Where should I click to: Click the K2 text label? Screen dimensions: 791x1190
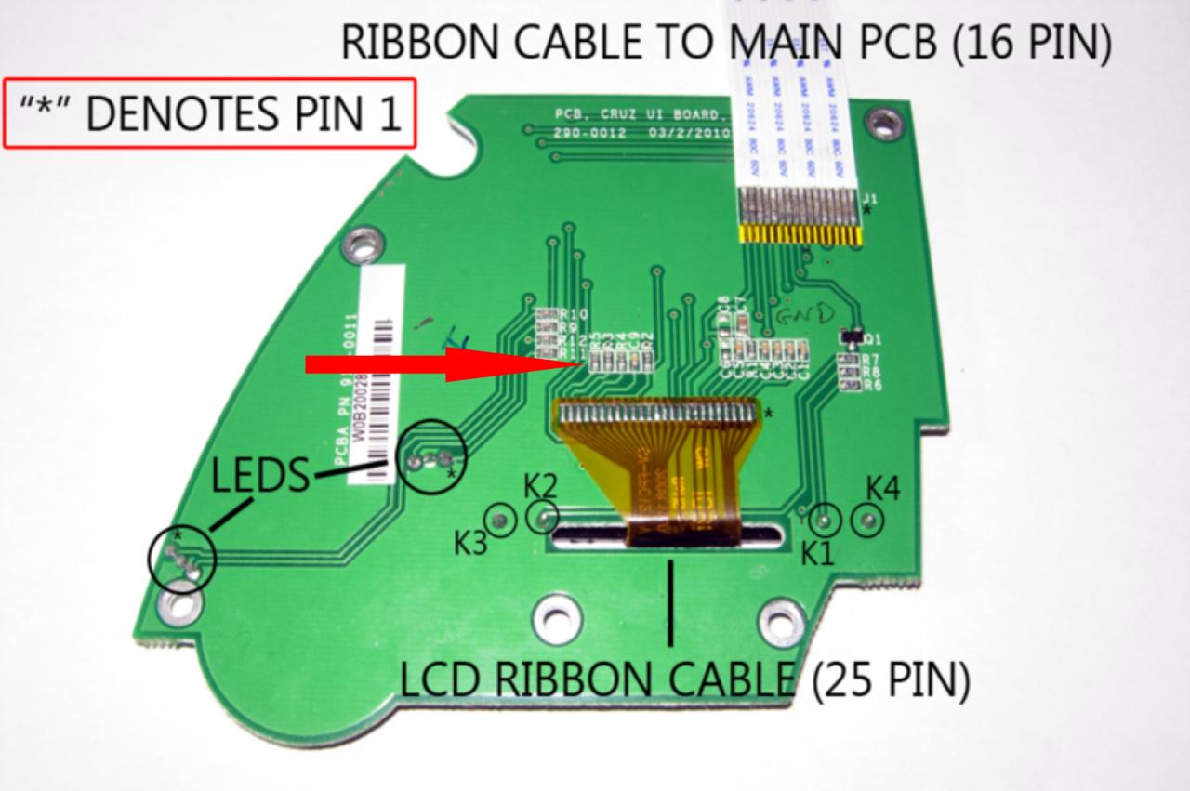(540, 486)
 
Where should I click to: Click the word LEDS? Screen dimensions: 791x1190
(259, 477)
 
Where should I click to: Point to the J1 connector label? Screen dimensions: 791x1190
(870, 199)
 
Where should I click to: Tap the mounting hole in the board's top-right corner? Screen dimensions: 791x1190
(879, 119)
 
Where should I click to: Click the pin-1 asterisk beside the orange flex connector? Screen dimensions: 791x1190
(767, 410)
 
